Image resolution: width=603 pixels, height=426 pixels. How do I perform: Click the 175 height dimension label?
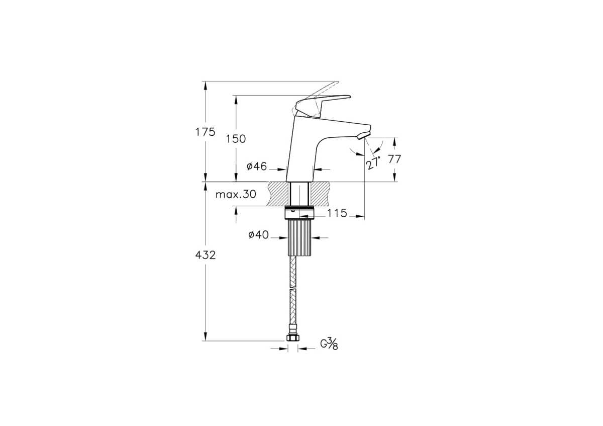coord(205,132)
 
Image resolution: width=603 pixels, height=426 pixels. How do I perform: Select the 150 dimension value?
coord(236,139)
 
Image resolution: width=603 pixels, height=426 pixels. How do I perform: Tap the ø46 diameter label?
coord(257,166)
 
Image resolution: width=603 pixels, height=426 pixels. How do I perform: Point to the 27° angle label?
coord(374,163)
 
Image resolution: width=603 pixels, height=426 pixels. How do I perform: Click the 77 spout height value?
coord(394,159)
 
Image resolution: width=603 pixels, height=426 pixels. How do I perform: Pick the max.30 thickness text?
coord(236,194)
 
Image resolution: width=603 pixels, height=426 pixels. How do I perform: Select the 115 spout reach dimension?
coord(337,213)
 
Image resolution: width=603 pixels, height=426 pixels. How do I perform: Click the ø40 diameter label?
coord(258,235)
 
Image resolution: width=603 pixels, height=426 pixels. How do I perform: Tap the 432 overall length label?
coord(206,255)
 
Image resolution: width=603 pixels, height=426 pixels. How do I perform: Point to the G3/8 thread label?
coord(329,344)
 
